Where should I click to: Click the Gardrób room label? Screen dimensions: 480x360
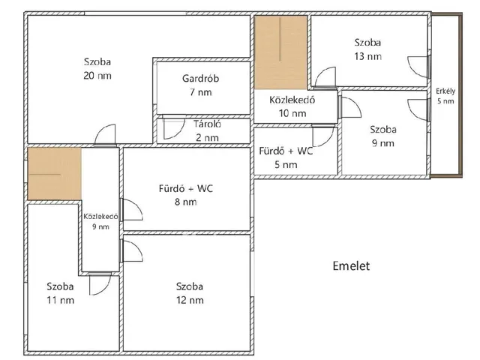point(200,79)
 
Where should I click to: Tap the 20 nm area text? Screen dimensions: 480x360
point(97,76)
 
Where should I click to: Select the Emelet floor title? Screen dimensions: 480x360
point(351,265)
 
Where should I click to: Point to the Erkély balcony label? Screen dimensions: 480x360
point(445,91)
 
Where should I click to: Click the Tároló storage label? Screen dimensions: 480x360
point(207,124)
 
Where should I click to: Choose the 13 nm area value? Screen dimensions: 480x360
point(368,56)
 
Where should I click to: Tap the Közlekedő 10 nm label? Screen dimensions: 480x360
point(292,106)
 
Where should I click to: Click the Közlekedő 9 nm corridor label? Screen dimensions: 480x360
point(100,221)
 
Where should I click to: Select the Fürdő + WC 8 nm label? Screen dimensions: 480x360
point(186,195)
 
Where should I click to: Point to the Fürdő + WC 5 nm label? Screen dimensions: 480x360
point(286,157)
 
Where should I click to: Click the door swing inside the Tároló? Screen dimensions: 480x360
point(173,128)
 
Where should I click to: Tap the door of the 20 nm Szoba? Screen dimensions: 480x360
point(105,134)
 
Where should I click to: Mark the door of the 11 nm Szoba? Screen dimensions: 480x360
point(100,283)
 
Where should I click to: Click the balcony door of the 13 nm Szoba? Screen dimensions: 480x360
point(418,67)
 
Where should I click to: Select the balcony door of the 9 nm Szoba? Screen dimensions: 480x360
point(418,109)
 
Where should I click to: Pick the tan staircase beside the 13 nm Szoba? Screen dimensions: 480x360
point(280,52)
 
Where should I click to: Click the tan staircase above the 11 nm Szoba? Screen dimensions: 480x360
point(55,173)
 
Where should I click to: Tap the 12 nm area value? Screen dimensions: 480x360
point(190,300)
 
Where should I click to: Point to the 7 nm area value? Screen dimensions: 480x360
point(200,92)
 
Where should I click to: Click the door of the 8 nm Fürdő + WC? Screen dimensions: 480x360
point(132,209)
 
